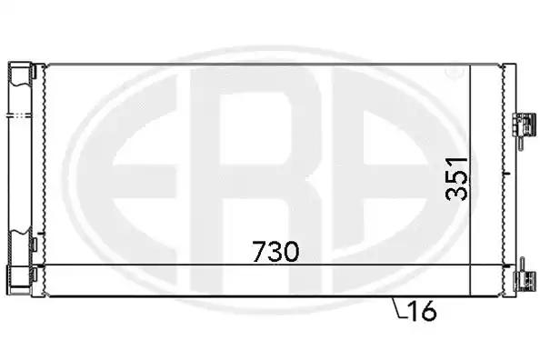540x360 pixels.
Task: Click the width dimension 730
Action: pos(275,252)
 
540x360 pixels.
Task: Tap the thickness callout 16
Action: pos(422,311)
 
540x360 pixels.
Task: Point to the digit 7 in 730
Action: pos(258,252)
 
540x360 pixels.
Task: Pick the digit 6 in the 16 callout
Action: pos(429,311)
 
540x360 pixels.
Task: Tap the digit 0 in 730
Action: pos(291,252)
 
